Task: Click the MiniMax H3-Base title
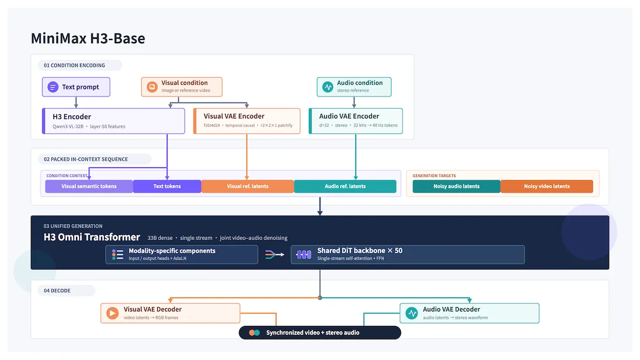click(88, 38)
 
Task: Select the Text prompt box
click(76, 87)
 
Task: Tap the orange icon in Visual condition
click(152, 86)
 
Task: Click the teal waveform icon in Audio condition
click(327, 86)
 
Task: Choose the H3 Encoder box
click(114, 121)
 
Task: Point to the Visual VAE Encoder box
click(247, 121)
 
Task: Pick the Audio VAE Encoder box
click(356, 121)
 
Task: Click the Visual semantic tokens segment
click(89, 186)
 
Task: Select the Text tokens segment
click(167, 186)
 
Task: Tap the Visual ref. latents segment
click(247, 186)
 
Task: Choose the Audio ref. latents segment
click(345, 186)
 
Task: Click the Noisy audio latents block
click(457, 186)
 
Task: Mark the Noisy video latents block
click(547, 186)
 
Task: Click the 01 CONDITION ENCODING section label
click(74, 66)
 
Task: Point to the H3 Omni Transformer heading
click(92, 237)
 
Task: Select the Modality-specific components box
click(182, 254)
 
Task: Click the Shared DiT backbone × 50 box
click(407, 254)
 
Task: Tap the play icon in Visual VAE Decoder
click(113, 313)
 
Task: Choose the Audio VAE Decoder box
click(469, 313)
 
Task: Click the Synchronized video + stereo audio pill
click(320, 333)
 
